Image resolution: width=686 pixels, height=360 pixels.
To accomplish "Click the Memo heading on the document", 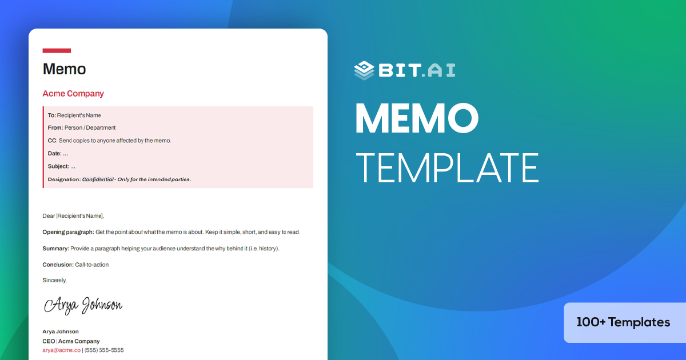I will click(x=64, y=69).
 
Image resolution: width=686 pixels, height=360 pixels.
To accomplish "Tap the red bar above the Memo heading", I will click(x=57, y=51).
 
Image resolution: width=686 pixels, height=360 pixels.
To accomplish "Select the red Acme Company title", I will click(x=73, y=94).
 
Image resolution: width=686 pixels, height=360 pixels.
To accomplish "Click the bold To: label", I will click(x=51, y=115).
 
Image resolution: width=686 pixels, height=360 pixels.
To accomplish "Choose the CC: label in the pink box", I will click(x=53, y=141).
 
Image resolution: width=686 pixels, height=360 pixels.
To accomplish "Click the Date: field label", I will click(x=54, y=154).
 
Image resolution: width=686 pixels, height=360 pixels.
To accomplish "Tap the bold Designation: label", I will click(x=64, y=179).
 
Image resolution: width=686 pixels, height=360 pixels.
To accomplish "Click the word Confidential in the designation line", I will click(x=98, y=179).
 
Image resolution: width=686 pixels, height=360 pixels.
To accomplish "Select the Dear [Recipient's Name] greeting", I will click(x=73, y=216).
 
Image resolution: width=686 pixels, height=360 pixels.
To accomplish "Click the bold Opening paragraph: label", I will click(x=68, y=233).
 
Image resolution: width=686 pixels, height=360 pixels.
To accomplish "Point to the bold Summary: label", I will click(x=55, y=249).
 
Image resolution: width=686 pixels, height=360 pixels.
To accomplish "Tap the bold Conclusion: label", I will click(x=58, y=265).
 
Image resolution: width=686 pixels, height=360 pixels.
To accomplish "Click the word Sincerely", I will click(x=54, y=280).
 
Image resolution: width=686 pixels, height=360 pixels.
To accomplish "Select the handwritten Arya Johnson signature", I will click(x=83, y=305).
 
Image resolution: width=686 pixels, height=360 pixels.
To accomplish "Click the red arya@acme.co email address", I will click(x=61, y=350).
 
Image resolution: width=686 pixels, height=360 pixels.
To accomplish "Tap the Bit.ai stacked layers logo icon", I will click(x=364, y=70).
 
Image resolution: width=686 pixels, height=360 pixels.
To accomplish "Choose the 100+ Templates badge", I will click(x=623, y=322).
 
